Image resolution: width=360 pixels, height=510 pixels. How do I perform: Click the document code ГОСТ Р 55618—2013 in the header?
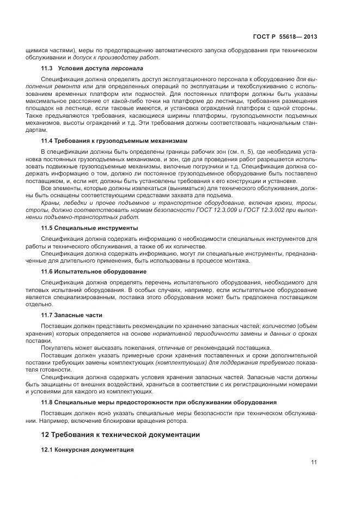[285, 37]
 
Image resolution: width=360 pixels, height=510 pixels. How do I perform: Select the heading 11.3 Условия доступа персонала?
[92, 69]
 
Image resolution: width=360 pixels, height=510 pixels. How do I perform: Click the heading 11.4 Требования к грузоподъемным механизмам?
[114, 141]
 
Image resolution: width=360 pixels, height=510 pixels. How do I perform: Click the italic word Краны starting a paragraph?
[51, 202]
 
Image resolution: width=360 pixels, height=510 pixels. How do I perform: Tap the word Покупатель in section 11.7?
[58, 347]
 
